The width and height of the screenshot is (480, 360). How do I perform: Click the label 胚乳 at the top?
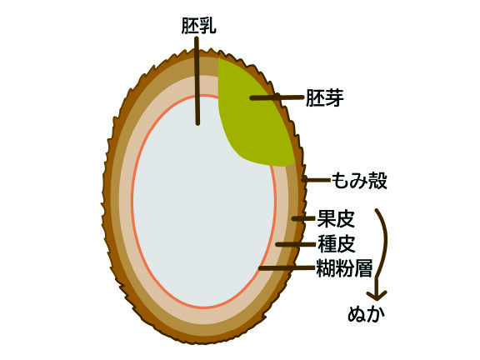click(x=199, y=26)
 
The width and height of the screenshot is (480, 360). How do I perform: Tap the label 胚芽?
click(x=325, y=98)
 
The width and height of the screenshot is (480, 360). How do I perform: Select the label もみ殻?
click(x=359, y=181)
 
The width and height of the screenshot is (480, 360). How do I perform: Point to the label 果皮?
click(x=336, y=218)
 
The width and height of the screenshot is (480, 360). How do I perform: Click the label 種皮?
click(x=337, y=244)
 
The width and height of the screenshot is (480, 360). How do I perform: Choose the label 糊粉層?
click(x=344, y=268)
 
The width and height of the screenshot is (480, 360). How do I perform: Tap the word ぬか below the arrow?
click(x=366, y=314)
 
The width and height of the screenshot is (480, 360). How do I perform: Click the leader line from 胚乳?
click(x=197, y=81)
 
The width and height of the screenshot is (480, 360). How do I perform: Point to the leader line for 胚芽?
click(x=277, y=97)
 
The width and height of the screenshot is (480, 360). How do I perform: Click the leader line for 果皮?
click(x=303, y=218)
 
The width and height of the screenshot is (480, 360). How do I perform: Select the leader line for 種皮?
click(x=295, y=244)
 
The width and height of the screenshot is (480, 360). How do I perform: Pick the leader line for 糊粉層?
click(x=287, y=268)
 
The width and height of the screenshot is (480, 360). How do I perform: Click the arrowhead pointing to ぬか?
click(x=377, y=294)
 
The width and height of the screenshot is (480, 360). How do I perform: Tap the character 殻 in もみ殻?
click(x=377, y=181)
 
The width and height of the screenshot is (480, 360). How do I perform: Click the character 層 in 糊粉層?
click(x=363, y=268)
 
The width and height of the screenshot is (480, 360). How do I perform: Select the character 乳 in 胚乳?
click(x=208, y=26)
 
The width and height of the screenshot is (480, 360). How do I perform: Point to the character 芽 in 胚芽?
click(x=334, y=98)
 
